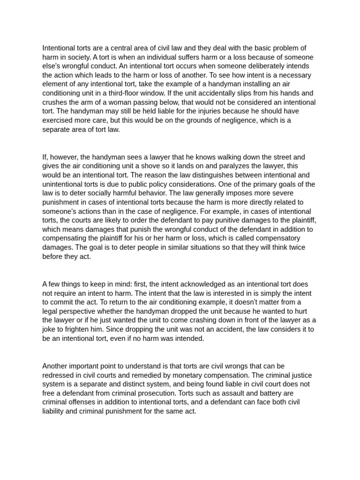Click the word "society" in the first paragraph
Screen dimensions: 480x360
click(76, 57)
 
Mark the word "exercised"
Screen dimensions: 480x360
click(58, 120)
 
